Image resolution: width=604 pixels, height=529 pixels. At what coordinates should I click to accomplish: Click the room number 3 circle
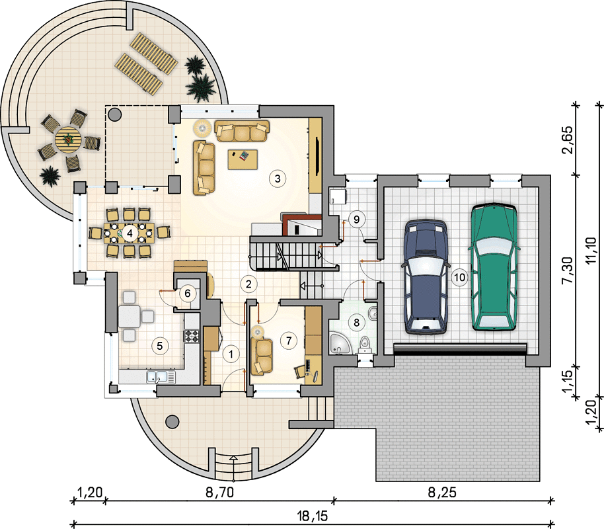tap(278, 179)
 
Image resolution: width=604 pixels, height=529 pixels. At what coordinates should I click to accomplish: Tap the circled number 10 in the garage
tap(459, 277)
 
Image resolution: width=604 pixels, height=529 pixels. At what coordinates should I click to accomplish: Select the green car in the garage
tap(494, 266)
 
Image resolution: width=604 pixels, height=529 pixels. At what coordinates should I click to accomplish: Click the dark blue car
tap(426, 276)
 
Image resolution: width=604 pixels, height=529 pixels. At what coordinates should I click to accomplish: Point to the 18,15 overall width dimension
tap(313, 516)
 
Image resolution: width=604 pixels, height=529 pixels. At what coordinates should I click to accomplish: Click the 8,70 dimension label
tap(219, 493)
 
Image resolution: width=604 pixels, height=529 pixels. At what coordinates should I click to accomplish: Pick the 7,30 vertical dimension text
tap(568, 270)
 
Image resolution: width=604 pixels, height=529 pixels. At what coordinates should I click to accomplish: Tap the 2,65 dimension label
tap(568, 140)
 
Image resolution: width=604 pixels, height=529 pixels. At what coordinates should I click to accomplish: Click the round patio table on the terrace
tap(68, 139)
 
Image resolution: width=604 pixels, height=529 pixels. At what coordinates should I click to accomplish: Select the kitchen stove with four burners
tap(192, 335)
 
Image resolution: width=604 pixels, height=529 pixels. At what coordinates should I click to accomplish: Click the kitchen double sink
tap(161, 376)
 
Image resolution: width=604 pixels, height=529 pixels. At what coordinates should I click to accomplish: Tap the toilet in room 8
tap(364, 345)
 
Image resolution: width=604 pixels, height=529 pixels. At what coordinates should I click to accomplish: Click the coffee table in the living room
tap(243, 159)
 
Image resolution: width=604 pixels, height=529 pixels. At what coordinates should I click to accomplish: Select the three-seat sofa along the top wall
tap(242, 131)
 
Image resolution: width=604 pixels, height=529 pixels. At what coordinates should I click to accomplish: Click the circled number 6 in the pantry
tap(187, 294)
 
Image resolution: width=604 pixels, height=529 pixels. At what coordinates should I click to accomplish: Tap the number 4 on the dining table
tap(130, 233)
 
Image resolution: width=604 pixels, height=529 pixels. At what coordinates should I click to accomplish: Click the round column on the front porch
tap(172, 421)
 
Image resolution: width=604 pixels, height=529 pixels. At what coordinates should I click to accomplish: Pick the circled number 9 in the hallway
tap(356, 220)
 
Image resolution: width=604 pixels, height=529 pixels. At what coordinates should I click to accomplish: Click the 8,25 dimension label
tap(442, 493)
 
